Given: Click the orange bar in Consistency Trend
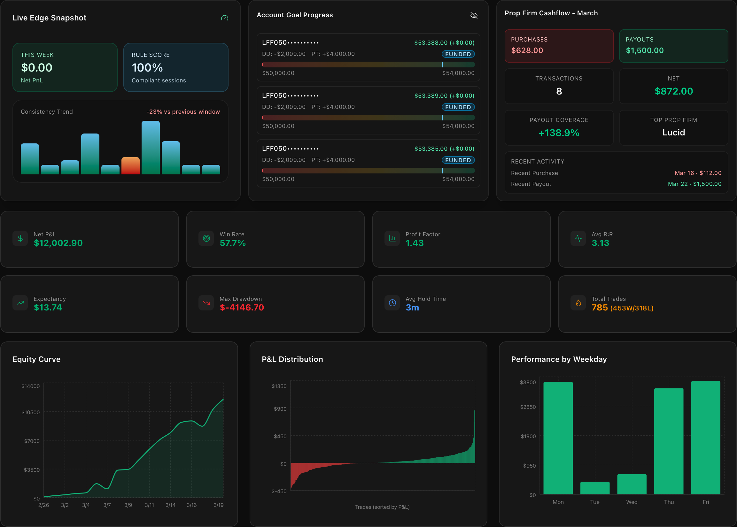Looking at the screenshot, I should (x=130, y=166).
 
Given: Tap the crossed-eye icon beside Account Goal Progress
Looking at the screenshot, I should (x=474, y=15).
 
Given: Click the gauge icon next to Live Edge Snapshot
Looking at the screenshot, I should (x=224, y=18).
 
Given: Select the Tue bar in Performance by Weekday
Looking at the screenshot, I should (x=595, y=488).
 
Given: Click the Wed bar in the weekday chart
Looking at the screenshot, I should (x=632, y=484).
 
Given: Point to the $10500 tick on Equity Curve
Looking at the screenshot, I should (x=30, y=412).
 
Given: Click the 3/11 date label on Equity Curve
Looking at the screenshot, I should (x=149, y=505).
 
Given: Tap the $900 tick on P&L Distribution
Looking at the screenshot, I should (x=280, y=409).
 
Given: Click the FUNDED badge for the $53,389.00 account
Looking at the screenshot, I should (x=458, y=107).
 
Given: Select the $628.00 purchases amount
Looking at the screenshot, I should (x=527, y=50).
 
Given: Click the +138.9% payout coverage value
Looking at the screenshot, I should (x=558, y=133).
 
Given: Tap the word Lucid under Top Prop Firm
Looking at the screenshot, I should (x=673, y=133).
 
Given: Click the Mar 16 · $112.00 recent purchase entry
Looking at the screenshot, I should (x=698, y=173).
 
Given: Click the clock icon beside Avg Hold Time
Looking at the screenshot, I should (x=392, y=303).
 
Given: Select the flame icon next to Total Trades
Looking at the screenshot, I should (x=578, y=303).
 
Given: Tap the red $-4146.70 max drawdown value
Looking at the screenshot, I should (x=242, y=307).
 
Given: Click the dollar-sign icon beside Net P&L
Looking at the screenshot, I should (x=20, y=238).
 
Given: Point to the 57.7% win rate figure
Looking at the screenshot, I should (x=232, y=243).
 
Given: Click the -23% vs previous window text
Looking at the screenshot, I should (x=183, y=112).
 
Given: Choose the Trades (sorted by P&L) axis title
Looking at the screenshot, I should (x=382, y=507).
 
